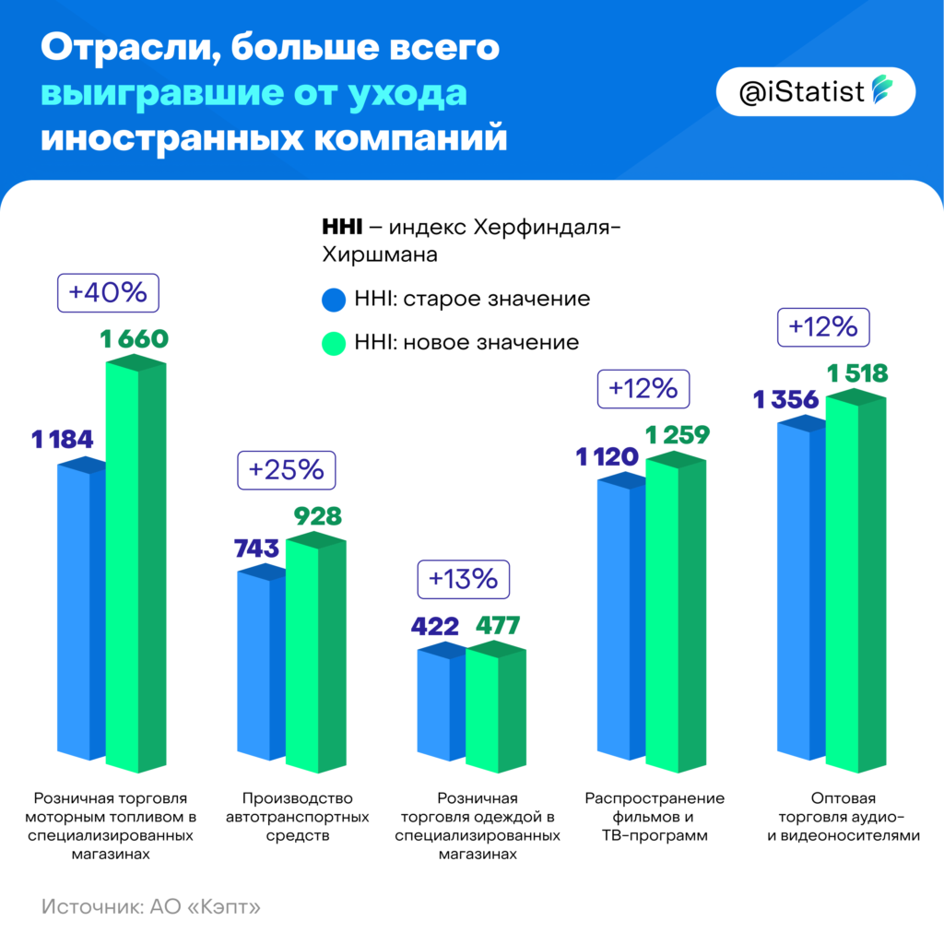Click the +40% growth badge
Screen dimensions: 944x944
point(108,293)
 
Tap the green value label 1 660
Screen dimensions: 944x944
point(135,339)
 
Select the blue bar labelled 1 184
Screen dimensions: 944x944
point(80,608)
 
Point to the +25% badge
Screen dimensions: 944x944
point(287,469)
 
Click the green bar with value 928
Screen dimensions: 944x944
point(315,655)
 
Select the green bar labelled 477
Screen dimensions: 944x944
point(495,710)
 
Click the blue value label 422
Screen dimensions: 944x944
point(433,628)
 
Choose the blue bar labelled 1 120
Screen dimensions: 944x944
point(620,618)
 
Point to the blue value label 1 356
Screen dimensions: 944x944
point(785,400)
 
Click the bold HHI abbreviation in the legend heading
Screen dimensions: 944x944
point(341,227)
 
